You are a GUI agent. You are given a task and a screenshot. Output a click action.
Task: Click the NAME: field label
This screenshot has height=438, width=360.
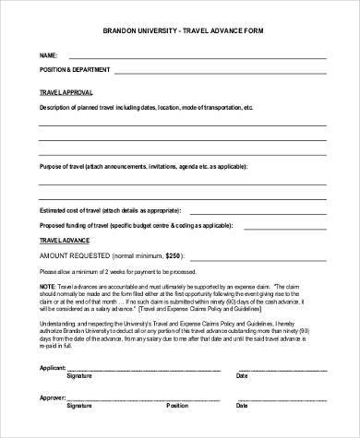[x=48, y=55]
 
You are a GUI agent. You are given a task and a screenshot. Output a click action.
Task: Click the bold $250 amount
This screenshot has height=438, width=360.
[x=174, y=254]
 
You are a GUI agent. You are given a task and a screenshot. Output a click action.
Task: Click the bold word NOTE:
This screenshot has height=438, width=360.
[x=47, y=288]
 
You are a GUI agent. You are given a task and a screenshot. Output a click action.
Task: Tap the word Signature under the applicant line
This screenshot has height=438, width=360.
[x=79, y=376]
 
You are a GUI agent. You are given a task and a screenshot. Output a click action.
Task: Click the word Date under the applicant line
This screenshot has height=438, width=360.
[x=243, y=376]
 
